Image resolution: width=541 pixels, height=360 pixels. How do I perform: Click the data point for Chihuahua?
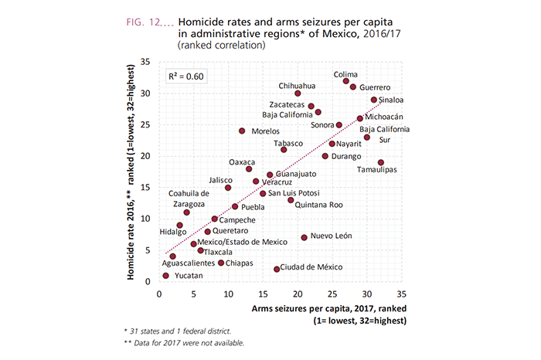tap(298, 93)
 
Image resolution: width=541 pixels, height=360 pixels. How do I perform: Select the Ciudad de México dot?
tap(277, 269)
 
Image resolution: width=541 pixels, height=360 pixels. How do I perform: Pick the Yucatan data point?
tap(166, 275)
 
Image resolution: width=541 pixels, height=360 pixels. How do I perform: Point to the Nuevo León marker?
tap(305, 237)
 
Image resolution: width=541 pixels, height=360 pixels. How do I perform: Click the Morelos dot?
tap(242, 131)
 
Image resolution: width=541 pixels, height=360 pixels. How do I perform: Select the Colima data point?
tap(346, 81)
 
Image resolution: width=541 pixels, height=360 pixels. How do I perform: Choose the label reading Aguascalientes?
tap(166, 263)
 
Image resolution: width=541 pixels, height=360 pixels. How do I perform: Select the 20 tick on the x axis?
tap(298, 294)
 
